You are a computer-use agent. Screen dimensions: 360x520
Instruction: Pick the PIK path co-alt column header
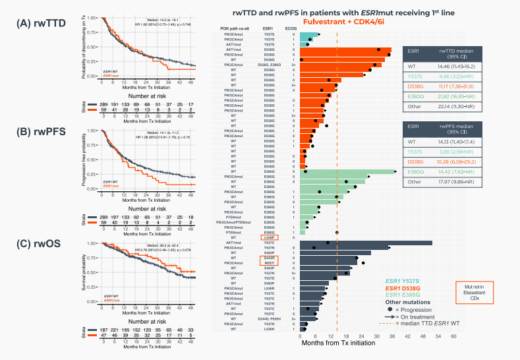coord(237,29)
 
